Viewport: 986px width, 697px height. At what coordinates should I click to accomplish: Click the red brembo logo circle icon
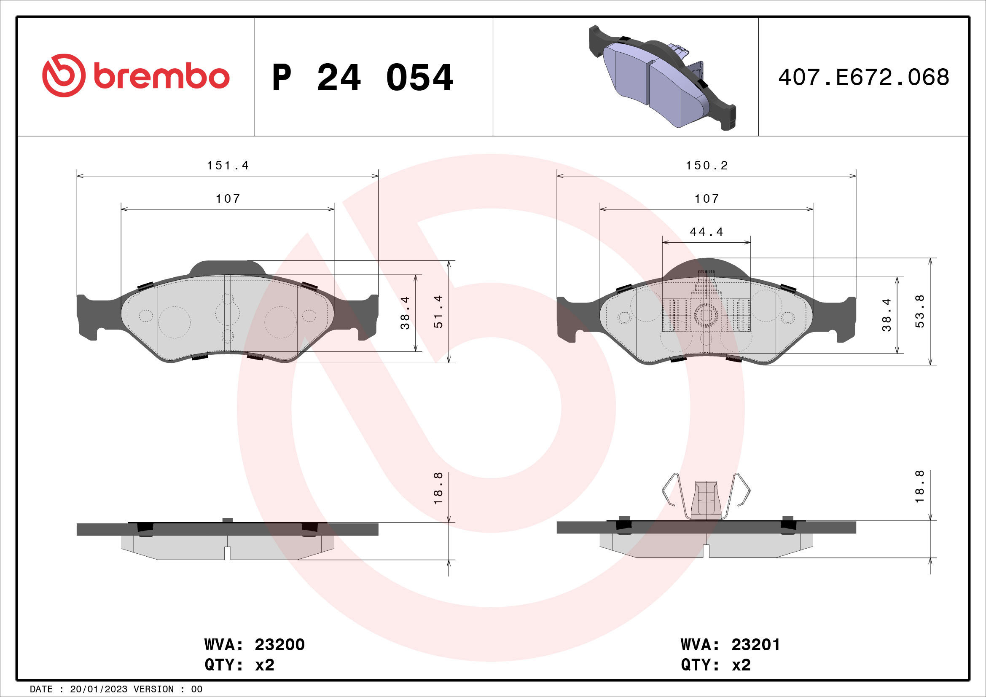pyautogui.click(x=64, y=75)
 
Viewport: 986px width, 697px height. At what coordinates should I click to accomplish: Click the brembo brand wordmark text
pyautogui.click(x=161, y=76)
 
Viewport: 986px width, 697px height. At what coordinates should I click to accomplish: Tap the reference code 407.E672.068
pyautogui.click(x=863, y=77)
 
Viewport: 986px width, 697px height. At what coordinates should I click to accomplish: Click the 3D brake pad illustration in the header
pyautogui.click(x=663, y=78)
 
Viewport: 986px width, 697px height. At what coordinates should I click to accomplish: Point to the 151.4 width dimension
pyautogui.click(x=228, y=165)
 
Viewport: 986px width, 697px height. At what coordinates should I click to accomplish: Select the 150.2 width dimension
pyautogui.click(x=707, y=165)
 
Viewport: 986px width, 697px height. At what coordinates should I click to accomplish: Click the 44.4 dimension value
pyautogui.click(x=707, y=232)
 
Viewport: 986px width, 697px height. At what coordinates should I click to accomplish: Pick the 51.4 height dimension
pyautogui.click(x=438, y=312)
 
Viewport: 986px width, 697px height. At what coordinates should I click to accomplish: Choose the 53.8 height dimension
pyautogui.click(x=919, y=312)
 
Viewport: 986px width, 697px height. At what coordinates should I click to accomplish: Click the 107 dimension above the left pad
pyautogui.click(x=228, y=199)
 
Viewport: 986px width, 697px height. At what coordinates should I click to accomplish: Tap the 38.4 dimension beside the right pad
pyautogui.click(x=887, y=315)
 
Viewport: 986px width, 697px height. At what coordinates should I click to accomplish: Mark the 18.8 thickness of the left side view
pyautogui.click(x=438, y=488)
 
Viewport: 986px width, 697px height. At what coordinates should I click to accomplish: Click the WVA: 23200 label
pyautogui.click(x=254, y=644)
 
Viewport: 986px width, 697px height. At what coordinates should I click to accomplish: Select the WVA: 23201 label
pyautogui.click(x=730, y=644)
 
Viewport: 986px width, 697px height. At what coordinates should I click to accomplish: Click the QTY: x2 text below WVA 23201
pyautogui.click(x=715, y=665)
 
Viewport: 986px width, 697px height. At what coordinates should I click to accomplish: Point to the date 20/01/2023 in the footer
pyautogui.click(x=98, y=689)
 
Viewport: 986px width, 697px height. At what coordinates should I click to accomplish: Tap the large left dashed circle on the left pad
pyautogui.click(x=175, y=322)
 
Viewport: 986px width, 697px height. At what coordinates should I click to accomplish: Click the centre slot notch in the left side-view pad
pyautogui.click(x=228, y=553)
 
